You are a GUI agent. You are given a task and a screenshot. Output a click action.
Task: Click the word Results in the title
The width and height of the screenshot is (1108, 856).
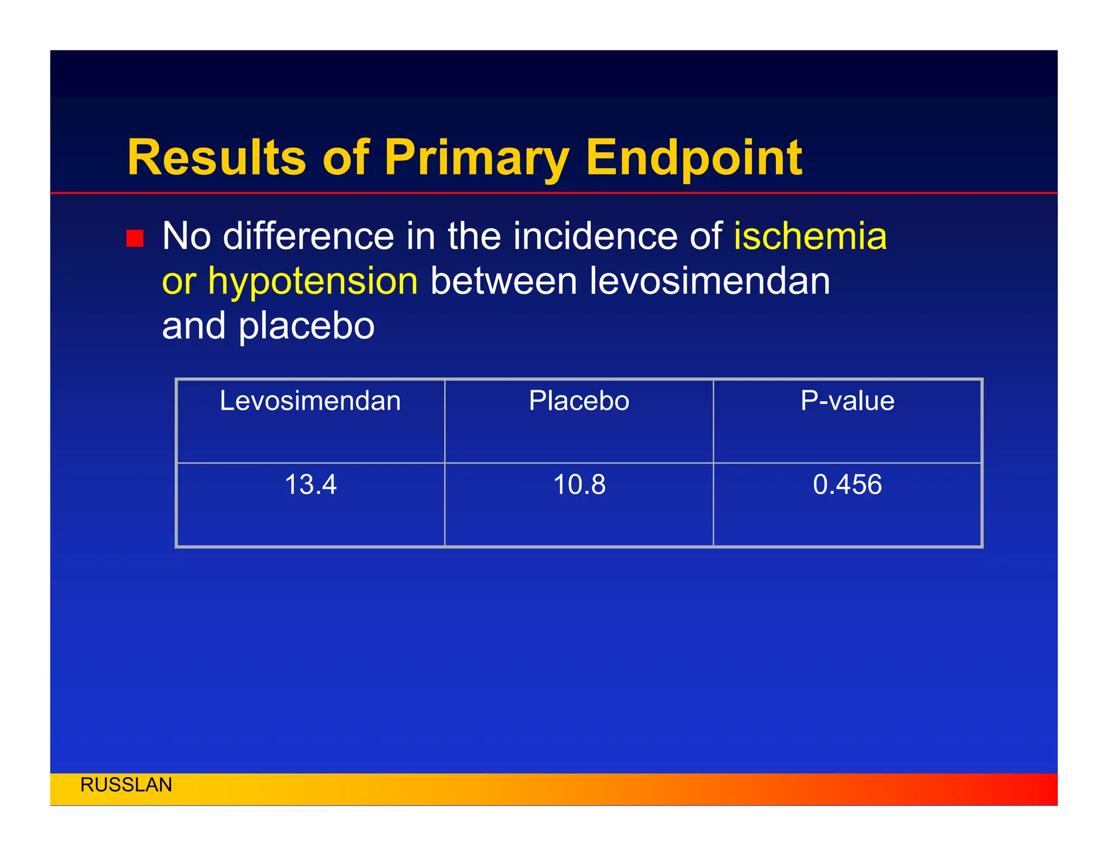tap(217, 157)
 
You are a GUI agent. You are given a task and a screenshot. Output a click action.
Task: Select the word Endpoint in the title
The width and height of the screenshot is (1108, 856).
tap(694, 157)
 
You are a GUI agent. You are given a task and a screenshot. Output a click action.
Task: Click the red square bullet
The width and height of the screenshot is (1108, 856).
tap(135, 238)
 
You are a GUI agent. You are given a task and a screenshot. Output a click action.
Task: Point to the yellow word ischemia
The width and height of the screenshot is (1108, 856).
tap(810, 236)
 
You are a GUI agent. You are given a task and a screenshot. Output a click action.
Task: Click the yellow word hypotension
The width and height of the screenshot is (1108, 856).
tap(313, 281)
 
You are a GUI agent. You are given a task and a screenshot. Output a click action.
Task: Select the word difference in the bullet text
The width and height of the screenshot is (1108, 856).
tap(308, 236)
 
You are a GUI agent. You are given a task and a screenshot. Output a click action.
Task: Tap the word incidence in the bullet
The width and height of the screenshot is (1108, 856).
tap(595, 236)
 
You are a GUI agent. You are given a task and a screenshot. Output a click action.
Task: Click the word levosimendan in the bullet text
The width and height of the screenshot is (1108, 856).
tap(709, 281)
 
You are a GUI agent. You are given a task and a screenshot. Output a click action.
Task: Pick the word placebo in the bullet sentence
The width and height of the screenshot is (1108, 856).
tap(306, 326)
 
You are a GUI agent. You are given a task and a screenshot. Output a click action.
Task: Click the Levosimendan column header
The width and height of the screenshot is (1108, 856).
tap(310, 401)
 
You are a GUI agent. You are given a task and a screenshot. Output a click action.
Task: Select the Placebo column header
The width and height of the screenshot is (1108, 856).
tap(579, 401)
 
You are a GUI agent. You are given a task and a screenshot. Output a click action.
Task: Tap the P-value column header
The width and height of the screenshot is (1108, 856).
tap(847, 401)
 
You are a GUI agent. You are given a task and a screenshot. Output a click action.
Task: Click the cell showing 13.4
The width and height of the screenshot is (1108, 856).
tap(310, 484)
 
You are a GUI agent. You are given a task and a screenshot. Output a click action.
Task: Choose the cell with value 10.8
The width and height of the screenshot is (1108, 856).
tap(579, 484)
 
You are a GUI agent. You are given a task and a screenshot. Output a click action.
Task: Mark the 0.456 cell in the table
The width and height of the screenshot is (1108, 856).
tap(847, 484)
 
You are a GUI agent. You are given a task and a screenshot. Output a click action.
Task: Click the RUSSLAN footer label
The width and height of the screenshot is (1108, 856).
tap(126, 785)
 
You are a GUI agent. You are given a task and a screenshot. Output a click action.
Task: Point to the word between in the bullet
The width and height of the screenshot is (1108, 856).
tap(503, 281)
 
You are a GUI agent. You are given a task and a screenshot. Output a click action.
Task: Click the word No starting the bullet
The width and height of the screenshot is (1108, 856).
tap(186, 236)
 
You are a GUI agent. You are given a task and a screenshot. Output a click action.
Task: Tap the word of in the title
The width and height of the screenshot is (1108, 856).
tap(346, 157)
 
